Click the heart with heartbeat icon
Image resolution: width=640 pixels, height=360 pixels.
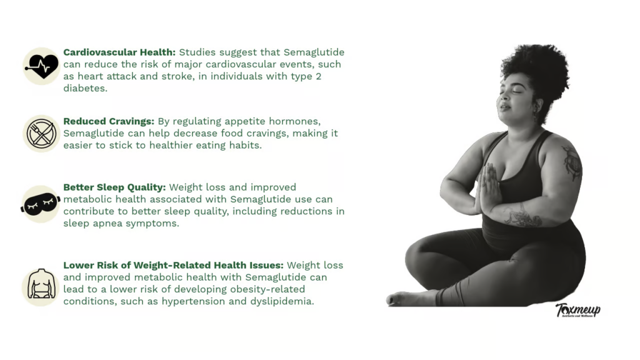pos(41,66)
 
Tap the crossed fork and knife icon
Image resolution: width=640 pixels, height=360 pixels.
pos(41,134)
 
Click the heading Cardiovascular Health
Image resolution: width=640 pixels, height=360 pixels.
pos(119,52)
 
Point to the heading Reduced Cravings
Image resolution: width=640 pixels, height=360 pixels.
pos(109,122)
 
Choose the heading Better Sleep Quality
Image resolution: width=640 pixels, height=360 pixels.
pos(114,187)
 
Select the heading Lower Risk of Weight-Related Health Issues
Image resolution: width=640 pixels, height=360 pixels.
pos(173,265)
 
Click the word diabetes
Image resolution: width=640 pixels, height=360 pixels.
pos(85,88)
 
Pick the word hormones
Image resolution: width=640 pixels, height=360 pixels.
pos(299,122)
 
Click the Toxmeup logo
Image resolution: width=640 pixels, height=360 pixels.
pos(578,310)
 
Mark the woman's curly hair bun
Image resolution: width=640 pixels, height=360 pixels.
pos(538,69)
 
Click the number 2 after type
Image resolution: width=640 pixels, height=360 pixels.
pos(318,76)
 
